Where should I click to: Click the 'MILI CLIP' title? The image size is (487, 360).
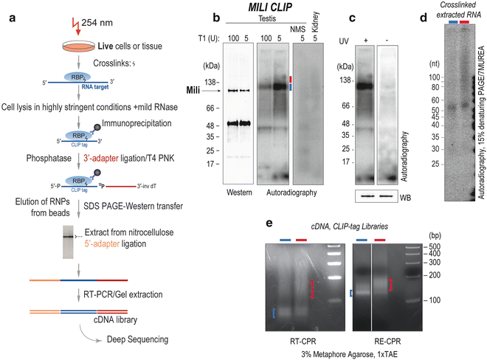[233, 8]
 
